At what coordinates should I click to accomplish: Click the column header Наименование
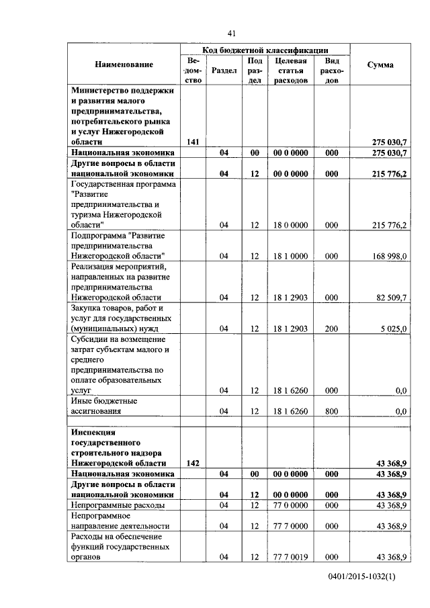coord(124,64)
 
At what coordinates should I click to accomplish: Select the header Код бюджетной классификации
coord(265,50)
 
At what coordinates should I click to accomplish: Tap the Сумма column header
coord(380,64)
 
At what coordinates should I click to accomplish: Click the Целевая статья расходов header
coord(291,70)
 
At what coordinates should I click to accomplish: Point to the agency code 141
coord(192,142)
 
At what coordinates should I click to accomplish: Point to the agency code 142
coord(192,463)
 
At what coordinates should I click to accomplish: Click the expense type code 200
coord(331,329)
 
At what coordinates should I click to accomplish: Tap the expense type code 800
coord(331,411)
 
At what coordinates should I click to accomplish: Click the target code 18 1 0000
coord(291,256)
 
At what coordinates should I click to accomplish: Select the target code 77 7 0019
coord(291,557)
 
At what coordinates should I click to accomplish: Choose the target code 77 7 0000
coord(291,525)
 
